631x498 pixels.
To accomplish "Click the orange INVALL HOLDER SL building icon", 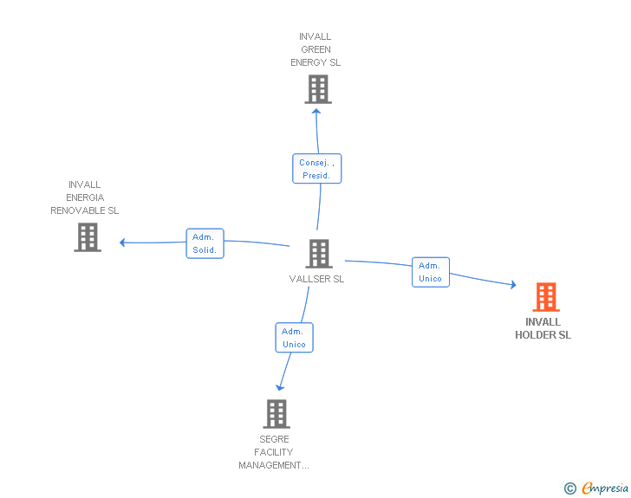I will point(545,297).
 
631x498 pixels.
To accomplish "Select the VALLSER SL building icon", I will point(319,254).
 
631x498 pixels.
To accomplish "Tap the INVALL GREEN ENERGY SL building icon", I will point(318,89).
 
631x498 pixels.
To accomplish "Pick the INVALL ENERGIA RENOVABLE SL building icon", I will point(88,237).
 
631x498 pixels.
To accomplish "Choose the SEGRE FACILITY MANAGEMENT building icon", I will point(276,414).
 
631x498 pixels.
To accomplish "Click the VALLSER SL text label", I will point(316,279).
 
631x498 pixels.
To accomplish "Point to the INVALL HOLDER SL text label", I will point(543,328).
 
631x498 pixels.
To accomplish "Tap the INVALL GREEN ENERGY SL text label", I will point(315,49).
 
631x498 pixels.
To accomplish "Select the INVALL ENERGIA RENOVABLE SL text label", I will point(84,197).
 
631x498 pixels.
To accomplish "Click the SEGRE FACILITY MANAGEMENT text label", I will point(274,452).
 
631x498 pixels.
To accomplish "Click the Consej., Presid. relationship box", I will point(316,169).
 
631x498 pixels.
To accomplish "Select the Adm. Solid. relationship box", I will point(205,243).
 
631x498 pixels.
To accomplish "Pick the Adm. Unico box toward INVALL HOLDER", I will point(430,272).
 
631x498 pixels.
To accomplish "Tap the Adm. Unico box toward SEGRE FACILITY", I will point(294,338).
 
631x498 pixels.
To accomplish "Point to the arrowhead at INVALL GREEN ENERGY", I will point(316,110).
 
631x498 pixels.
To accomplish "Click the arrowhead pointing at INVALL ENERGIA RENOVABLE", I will point(123,243).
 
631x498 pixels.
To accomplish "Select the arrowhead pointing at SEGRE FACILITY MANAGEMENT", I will point(279,387).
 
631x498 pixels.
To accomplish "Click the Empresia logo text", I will point(604,488).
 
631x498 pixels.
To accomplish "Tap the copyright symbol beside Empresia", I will point(570,488).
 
